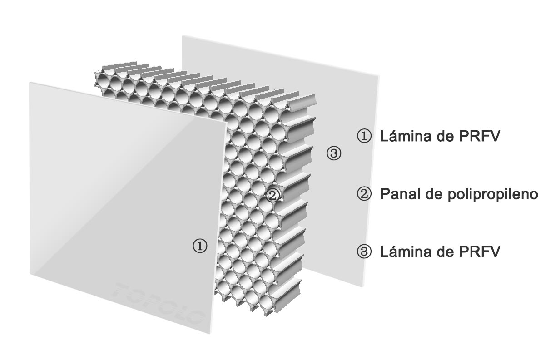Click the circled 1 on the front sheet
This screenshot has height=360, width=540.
point(200,246)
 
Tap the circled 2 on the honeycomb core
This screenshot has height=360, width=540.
point(273,195)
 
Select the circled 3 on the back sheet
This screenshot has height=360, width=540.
point(333,153)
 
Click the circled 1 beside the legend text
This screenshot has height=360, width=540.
point(364,136)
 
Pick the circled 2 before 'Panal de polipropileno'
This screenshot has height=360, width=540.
point(364,194)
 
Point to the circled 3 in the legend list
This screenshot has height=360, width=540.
point(364,252)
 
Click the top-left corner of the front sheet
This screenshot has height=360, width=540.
point(30,82)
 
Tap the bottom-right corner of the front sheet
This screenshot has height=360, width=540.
point(210,334)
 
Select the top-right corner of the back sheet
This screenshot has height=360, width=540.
point(378,76)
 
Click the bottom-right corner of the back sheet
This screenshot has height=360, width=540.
point(362,287)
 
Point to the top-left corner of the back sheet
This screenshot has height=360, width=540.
point(182,35)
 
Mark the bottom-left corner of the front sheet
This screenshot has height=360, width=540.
point(31,275)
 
